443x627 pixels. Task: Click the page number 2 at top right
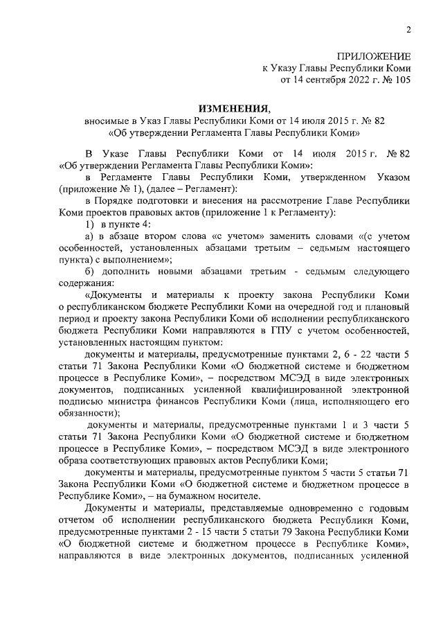coord(408,29)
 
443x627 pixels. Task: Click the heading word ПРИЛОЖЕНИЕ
coord(374,55)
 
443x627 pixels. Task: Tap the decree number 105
coord(401,80)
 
